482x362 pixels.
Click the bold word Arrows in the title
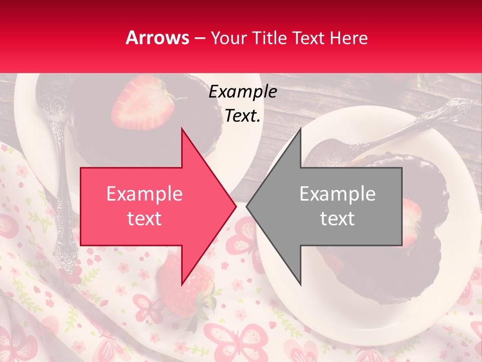pyautogui.click(x=157, y=38)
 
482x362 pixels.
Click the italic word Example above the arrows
pyautogui.click(x=243, y=92)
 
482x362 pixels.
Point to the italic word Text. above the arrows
pyautogui.click(x=243, y=116)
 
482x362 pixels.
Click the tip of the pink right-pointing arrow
pyautogui.click(x=235, y=206)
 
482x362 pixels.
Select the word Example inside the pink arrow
pyautogui.click(x=145, y=194)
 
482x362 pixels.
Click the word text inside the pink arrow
pyautogui.click(x=145, y=219)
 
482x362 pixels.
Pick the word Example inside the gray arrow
pyautogui.click(x=337, y=194)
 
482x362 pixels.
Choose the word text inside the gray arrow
pyautogui.click(x=337, y=219)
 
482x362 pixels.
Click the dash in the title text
pyautogui.click(x=200, y=39)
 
